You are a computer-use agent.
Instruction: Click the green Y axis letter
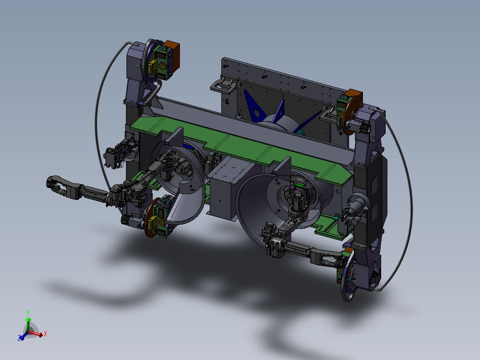click(28, 312)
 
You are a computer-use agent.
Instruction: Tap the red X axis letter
click(45, 334)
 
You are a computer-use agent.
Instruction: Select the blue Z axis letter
click(19, 338)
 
